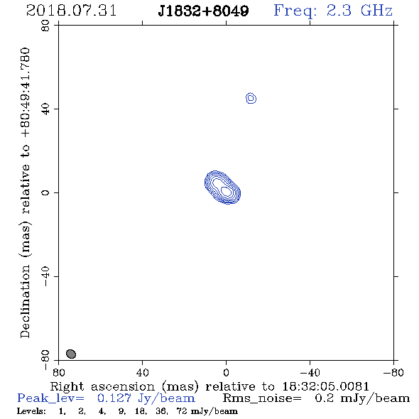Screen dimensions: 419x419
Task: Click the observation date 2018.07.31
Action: click(71, 11)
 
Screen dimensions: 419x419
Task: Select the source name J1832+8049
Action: click(203, 11)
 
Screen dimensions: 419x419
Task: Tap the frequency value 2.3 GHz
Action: click(359, 11)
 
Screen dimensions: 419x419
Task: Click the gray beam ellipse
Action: click(71, 354)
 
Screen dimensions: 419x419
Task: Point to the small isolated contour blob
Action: click(251, 98)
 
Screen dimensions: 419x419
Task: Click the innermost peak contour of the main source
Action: click(226, 191)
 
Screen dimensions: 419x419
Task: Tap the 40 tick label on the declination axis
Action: click(45, 109)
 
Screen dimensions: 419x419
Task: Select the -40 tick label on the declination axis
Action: click(45, 276)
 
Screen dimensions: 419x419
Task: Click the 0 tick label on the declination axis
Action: click(45, 192)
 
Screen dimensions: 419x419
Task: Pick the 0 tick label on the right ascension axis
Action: click(226, 372)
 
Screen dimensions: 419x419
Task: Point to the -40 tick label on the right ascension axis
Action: click(310, 372)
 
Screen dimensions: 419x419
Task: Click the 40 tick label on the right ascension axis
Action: click(142, 372)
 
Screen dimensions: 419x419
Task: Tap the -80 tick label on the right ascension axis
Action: click(393, 372)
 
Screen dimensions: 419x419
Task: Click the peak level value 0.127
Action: click(114, 398)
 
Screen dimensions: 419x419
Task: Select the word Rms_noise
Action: click(261, 398)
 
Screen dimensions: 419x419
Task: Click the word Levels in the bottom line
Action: click(31, 411)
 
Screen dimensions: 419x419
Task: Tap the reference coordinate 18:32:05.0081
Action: click(326, 386)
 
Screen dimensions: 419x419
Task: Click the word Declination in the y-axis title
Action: click(25, 301)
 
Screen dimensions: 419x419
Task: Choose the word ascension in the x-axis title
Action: click(123, 386)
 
